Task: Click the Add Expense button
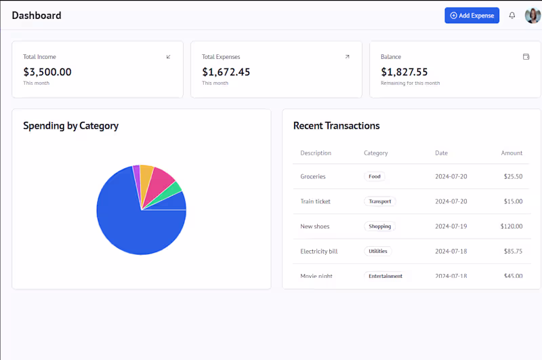click(x=472, y=16)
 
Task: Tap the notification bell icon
click(x=512, y=16)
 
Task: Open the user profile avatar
click(x=533, y=16)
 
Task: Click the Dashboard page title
click(x=37, y=16)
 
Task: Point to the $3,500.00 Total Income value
click(x=47, y=72)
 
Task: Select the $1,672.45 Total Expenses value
click(x=226, y=72)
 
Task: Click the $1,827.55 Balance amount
click(x=404, y=72)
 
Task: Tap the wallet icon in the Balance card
click(x=526, y=57)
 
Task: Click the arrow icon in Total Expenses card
click(x=348, y=57)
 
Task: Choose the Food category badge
click(x=375, y=176)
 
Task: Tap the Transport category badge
click(x=379, y=201)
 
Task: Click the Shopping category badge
click(x=379, y=226)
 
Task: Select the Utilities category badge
click(x=377, y=252)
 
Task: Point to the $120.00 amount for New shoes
click(x=512, y=226)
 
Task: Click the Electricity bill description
click(x=319, y=252)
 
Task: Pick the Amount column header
click(x=512, y=153)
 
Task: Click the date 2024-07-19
click(x=451, y=226)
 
